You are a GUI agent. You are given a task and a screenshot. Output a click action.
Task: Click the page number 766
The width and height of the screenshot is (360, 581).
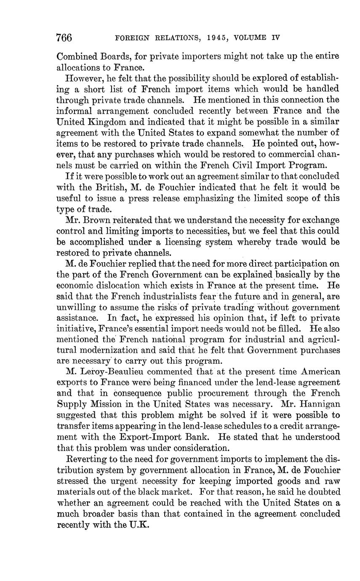pos(64,38)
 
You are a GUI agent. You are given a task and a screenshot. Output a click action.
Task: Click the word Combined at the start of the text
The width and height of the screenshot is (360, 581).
pos(75,56)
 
